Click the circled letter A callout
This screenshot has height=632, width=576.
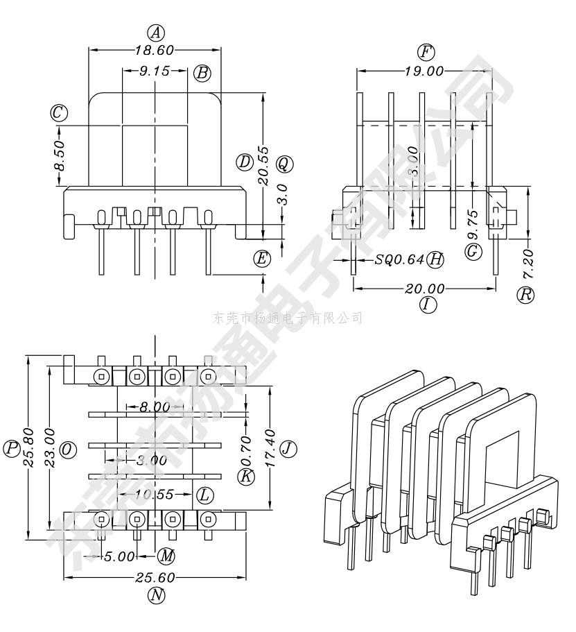click(x=156, y=33)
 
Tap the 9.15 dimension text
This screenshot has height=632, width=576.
click(x=155, y=71)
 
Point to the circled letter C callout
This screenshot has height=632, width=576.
click(x=58, y=112)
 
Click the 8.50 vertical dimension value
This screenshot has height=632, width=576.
click(x=59, y=155)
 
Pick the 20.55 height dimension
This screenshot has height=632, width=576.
click(x=263, y=164)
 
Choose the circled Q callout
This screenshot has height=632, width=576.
click(x=284, y=164)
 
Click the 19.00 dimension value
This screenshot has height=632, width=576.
click(x=424, y=71)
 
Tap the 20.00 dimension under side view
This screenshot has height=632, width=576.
click(x=425, y=289)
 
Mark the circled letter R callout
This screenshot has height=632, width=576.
click(x=526, y=294)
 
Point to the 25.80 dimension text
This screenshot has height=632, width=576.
click(x=28, y=448)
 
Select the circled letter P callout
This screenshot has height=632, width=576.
click(x=11, y=448)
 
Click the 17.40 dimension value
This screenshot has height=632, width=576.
click(x=270, y=448)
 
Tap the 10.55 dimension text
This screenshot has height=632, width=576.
click(x=154, y=495)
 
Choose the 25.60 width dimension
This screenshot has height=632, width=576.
click(x=155, y=577)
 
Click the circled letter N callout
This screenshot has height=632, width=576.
click(x=156, y=595)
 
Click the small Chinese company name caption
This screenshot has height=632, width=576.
click(x=288, y=318)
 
